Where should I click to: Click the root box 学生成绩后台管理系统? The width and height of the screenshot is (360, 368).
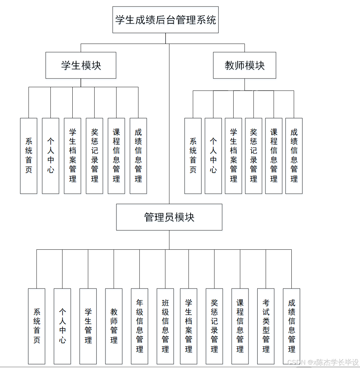coord(165,20)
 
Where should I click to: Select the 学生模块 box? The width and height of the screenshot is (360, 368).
coord(81,65)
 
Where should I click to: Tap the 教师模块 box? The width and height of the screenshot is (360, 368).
coord(244,65)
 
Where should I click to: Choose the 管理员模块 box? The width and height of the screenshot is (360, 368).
coord(169,217)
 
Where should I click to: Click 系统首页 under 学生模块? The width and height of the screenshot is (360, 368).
coord(29,156)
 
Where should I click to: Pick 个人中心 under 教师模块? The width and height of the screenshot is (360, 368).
coord(213,156)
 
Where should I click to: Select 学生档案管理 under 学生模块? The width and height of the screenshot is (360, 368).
coord(73,156)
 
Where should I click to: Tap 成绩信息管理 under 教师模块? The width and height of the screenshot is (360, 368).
coord(294,156)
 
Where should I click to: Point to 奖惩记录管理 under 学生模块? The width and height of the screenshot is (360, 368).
coord(95,156)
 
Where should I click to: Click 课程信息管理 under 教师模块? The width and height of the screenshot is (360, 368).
coord(274,156)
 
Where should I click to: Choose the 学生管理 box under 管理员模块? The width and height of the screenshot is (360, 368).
coord(88,326)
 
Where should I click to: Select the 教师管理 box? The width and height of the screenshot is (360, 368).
coord(114,326)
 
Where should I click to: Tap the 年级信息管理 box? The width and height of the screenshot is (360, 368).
coord(140,326)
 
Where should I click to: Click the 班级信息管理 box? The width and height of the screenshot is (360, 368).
coord(165,326)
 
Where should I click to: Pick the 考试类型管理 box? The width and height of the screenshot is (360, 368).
coord(266,326)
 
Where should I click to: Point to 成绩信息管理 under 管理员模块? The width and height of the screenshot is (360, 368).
coord(292,326)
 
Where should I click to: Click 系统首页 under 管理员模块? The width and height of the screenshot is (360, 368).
coord(37,326)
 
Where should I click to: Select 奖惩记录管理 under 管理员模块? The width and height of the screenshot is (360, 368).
coord(214,326)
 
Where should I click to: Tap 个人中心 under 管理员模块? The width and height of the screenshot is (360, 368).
coord(63,326)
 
